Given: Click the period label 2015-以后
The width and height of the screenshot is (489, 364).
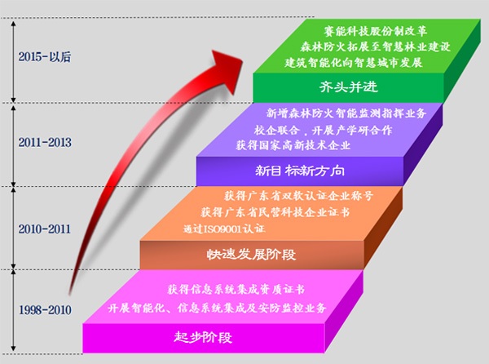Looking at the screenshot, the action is (x=45, y=57).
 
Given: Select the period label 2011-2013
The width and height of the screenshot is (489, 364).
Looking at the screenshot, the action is (x=45, y=142).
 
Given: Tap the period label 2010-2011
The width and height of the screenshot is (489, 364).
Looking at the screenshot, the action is (x=45, y=229).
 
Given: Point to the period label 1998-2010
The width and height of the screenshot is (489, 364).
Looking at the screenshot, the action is (x=45, y=310).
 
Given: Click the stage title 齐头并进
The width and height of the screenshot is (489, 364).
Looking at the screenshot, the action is (x=348, y=87).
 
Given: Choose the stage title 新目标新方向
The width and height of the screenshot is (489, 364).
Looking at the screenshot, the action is (x=300, y=171).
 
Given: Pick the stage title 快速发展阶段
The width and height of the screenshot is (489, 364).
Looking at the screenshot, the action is (x=251, y=255).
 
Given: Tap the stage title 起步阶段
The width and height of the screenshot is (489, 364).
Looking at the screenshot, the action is (x=203, y=337).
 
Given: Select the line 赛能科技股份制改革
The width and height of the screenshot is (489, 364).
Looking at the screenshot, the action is (x=375, y=31).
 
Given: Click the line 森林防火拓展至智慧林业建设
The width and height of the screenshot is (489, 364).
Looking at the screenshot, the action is (x=376, y=47).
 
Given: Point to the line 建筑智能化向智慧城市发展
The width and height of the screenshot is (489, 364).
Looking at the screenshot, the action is (x=354, y=63).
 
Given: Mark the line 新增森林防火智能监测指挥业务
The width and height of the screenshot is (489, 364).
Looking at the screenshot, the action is (x=346, y=113).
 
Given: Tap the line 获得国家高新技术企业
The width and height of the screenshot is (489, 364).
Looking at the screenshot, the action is (x=293, y=145).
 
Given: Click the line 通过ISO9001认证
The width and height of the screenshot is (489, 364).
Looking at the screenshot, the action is (x=224, y=229).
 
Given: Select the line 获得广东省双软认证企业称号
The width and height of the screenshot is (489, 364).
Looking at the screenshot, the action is (x=298, y=196).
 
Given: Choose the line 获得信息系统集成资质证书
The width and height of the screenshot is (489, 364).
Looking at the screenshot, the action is (x=236, y=290).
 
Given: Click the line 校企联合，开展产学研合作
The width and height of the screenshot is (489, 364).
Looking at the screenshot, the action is (x=323, y=130).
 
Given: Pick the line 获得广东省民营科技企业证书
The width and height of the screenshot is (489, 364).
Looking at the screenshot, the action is (x=275, y=212).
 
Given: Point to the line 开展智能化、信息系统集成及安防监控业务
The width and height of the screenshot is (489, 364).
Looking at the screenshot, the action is (x=217, y=309).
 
